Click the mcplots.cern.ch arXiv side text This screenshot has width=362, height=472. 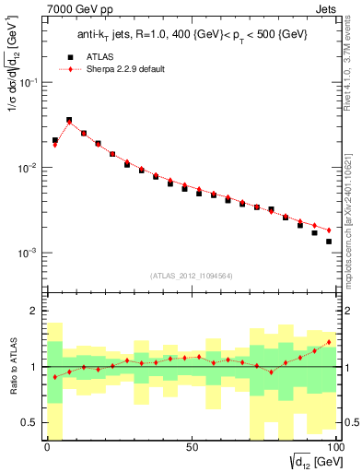pos(353,217)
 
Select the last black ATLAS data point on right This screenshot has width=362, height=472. pos(328,242)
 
